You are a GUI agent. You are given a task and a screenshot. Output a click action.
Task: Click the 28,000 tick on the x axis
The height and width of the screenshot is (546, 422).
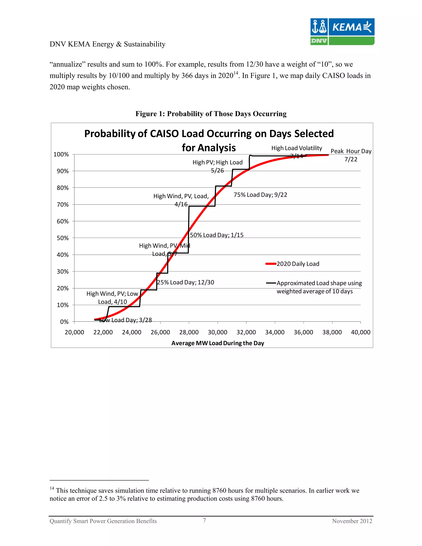click(x=189, y=332)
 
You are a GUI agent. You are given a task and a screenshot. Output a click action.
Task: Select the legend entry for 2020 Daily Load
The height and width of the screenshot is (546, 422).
click(x=298, y=264)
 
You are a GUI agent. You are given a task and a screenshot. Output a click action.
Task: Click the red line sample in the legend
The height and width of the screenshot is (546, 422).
click(x=271, y=264)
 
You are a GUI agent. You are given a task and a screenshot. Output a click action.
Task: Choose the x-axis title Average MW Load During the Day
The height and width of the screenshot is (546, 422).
click(x=218, y=343)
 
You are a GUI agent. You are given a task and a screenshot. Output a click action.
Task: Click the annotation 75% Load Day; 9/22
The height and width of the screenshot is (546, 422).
click(x=260, y=195)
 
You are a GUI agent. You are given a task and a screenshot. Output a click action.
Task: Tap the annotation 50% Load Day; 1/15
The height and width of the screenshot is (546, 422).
click(x=217, y=235)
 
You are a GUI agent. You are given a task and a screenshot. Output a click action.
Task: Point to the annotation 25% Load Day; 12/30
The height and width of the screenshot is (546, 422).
click(x=185, y=282)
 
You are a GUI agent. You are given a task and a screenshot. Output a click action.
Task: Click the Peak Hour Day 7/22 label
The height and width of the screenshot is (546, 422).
click(x=351, y=155)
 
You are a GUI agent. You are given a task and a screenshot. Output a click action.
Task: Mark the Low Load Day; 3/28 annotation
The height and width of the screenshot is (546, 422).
click(x=125, y=320)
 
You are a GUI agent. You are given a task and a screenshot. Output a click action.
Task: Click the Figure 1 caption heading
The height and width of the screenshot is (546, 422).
click(x=211, y=114)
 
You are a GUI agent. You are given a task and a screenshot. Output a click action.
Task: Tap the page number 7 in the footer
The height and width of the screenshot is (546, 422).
click(x=204, y=520)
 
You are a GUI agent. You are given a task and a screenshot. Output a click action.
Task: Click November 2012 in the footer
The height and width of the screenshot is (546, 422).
click(x=352, y=521)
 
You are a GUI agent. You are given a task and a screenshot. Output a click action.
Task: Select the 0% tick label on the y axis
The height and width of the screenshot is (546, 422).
click(x=64, y=322)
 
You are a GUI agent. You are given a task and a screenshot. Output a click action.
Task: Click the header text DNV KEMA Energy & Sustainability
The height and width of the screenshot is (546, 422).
click(x=108, y=44)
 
